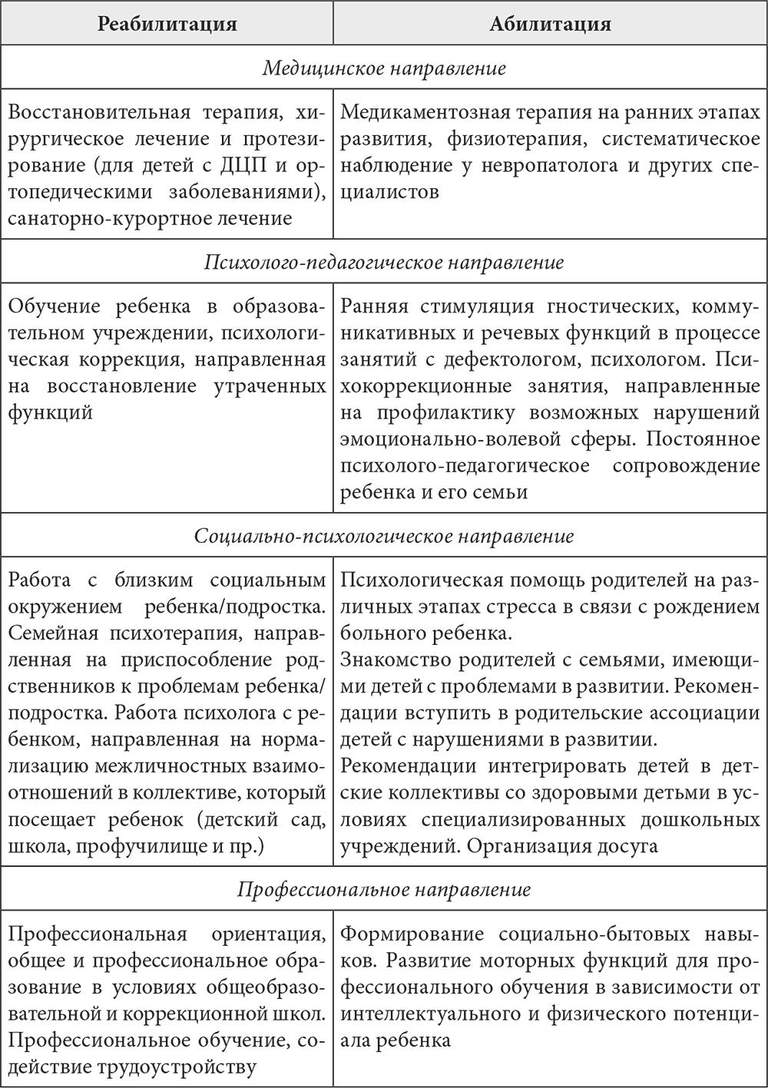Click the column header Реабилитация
click(x=167, y=24)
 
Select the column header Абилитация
click(x=550, y=24)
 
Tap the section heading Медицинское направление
click(x=384, y=68)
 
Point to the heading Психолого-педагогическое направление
click(x=384, y=263)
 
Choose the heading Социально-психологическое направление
click(x=384, y=535)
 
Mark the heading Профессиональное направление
click(x=384, y=890)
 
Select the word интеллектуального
click(x=432, y=1014)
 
